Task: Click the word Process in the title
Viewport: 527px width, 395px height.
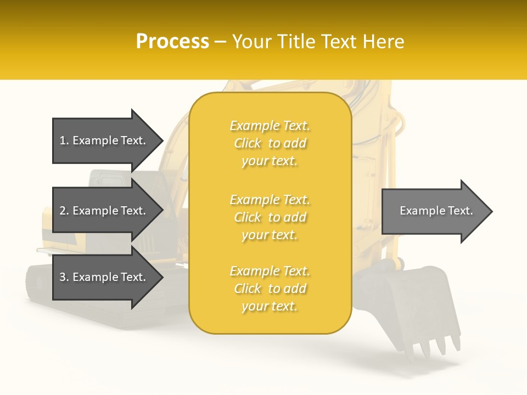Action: tap(172, 42)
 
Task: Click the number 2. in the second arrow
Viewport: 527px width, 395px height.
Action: tap(64, 211)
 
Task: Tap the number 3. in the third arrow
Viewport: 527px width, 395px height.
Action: tap(64, 277)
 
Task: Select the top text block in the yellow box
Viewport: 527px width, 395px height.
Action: tap(270, 143)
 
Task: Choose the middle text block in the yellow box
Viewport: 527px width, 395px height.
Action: tap(270, 217)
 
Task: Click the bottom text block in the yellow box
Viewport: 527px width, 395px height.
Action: tap(270, 289)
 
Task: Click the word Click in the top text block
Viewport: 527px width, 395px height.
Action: tap(248, 143)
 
